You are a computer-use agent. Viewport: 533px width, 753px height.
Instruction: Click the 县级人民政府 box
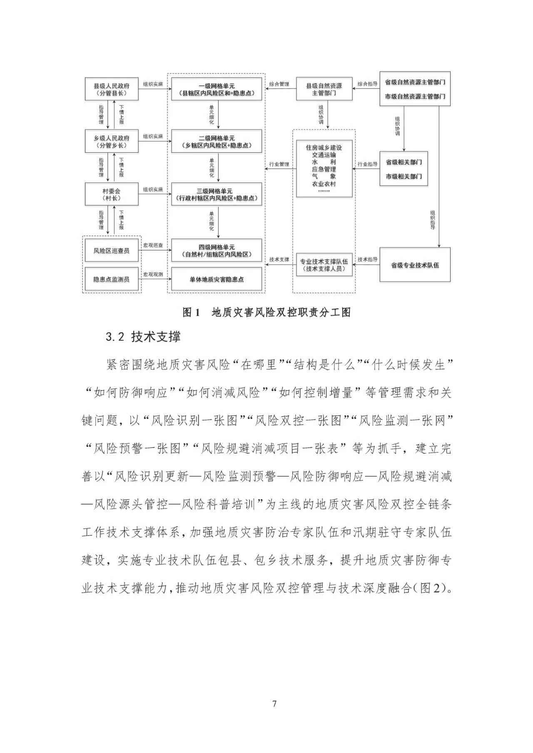coord(112,89)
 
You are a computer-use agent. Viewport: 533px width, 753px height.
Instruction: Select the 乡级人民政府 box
coord(112,141)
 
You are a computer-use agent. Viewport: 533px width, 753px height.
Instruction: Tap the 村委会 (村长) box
coord(112,194)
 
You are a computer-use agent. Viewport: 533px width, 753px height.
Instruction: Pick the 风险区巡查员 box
coord(112,251)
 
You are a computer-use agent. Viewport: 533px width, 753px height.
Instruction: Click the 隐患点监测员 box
coord(112,279)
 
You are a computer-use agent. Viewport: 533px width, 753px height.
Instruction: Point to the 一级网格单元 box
coord(217,89)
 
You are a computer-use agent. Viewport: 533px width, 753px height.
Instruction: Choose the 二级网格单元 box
coord(217,141)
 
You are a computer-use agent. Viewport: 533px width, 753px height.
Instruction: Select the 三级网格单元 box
coord(217,194)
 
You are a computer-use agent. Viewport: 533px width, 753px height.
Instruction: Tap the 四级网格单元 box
coord(217,250)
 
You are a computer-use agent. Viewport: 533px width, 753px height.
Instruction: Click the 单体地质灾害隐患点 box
coord(217,279)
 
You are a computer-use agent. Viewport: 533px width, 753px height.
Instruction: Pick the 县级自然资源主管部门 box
coord(324,89)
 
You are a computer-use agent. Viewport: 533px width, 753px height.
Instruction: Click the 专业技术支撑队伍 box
coord(324,265)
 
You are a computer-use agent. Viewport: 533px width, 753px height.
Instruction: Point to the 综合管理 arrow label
coord(279,84)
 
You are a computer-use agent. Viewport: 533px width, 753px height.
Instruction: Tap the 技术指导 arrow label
coord(367,260)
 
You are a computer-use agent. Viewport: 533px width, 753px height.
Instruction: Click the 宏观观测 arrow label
coord(153,274)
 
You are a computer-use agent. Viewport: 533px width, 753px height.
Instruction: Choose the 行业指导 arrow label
coord(367,164)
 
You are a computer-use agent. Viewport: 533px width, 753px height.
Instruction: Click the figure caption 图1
coord(266,312)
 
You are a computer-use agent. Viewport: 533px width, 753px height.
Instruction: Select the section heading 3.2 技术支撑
coord(143,337)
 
